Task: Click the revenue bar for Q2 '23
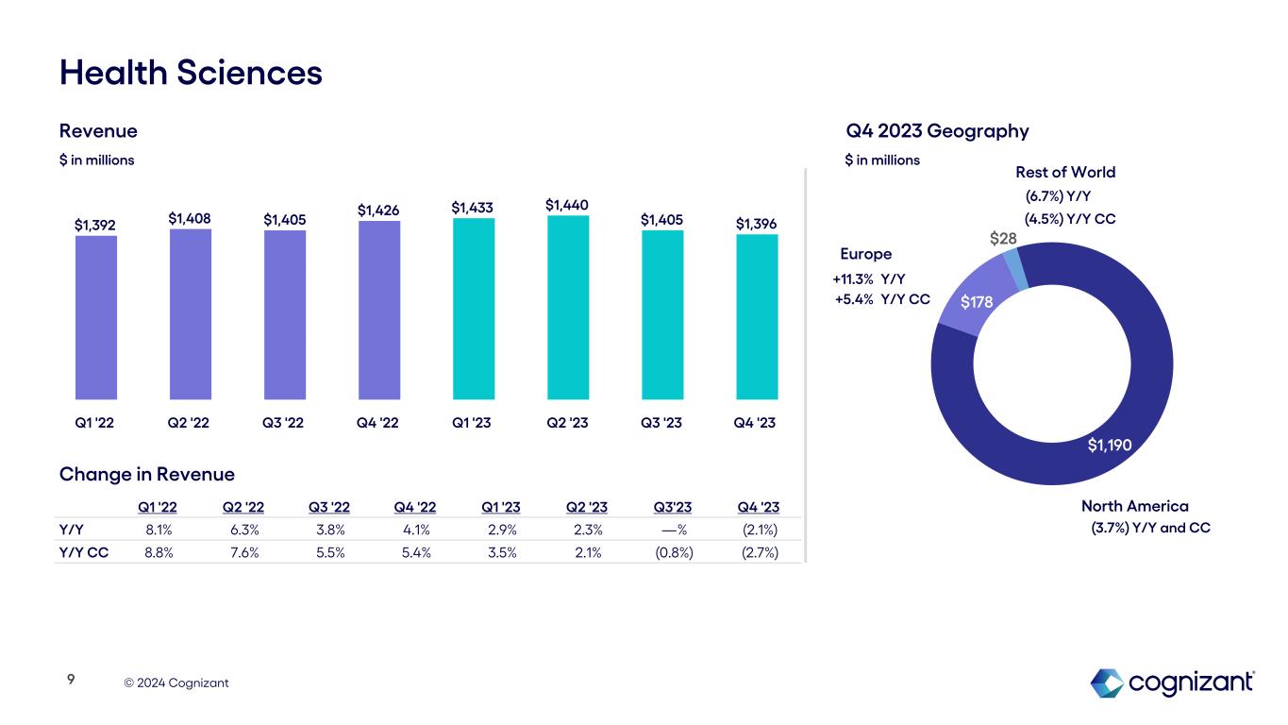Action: pyautogui.click(x=568, y=308)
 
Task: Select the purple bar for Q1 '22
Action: pyautogui.click(x=96, y=317)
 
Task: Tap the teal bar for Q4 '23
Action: pyautogui.click(x=757, y=317)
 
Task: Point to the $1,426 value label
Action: pyautogui.click(x=379, y=210)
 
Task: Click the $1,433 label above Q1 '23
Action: pyautogui.click(x=474, y=207)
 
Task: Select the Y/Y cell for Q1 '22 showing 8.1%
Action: pyautogui.click(x=159, y=530)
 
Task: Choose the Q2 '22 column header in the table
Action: pyautogui.click(x=243, y=507)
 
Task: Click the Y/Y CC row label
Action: pyautogui.click(x=83, y=552)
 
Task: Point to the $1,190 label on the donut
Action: pyautogui.click(x=1110, y=444)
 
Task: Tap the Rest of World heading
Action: pyautogui.click(x=1065, y=172)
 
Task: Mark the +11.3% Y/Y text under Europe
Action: pyautogui.click(x=869, y=278)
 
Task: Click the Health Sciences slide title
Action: pyautogui.click(x=191, y=73)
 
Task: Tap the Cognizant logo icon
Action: pyautogui.click(x=1106, y=683)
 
